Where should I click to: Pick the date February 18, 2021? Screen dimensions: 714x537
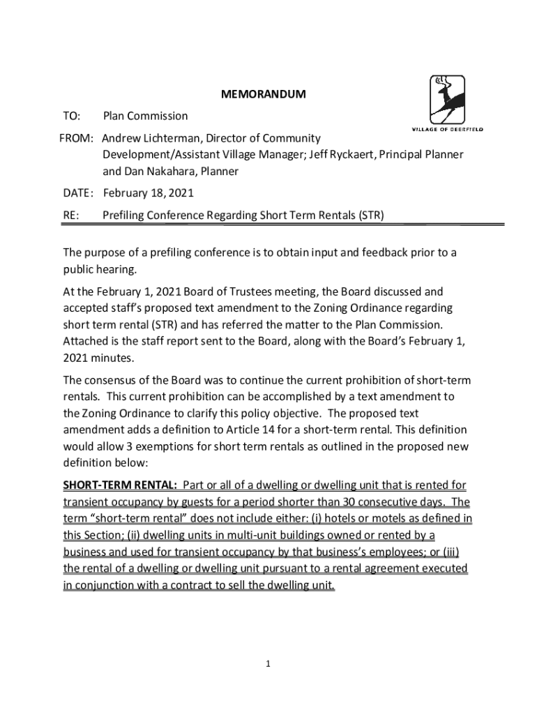(148, 192)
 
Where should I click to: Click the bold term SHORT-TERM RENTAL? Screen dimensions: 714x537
(120, 485)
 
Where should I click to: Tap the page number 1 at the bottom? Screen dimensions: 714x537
(268, 664)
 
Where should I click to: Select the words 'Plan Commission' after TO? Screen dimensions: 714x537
(145, 116)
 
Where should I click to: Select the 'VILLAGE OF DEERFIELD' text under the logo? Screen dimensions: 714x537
(446, 129)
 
